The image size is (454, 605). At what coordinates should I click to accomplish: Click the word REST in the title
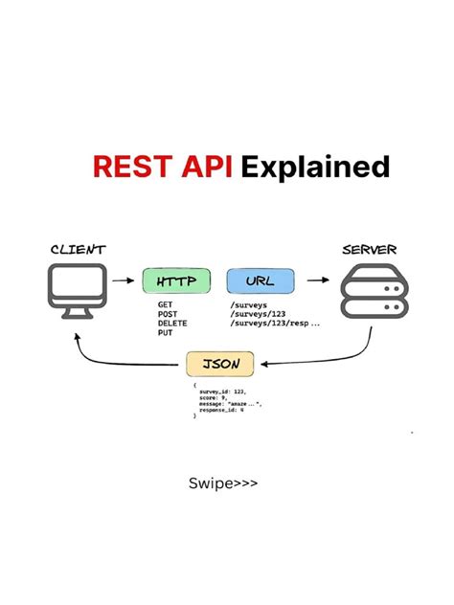click(126, 167)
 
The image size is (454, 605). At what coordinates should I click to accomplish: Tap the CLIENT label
click(78, 251)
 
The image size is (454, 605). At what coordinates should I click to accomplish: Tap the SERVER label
click(369, 251)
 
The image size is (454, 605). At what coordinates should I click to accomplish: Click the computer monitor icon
click(76, 292)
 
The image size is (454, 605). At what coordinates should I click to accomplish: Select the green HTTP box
click(176, 281)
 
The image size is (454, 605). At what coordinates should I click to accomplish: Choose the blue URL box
click(260, 281)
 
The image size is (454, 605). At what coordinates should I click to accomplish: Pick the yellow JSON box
click(220, 365)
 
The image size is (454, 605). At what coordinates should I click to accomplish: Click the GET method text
click(165, 304)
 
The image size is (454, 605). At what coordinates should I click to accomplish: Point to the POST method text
click(168, 314)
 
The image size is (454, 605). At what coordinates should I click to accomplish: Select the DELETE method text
click(172, 324)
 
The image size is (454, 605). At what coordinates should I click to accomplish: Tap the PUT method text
click(165, 333)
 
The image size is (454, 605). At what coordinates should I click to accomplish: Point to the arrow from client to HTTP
click(123, 281)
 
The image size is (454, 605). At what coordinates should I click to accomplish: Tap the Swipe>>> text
click(223, 483)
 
